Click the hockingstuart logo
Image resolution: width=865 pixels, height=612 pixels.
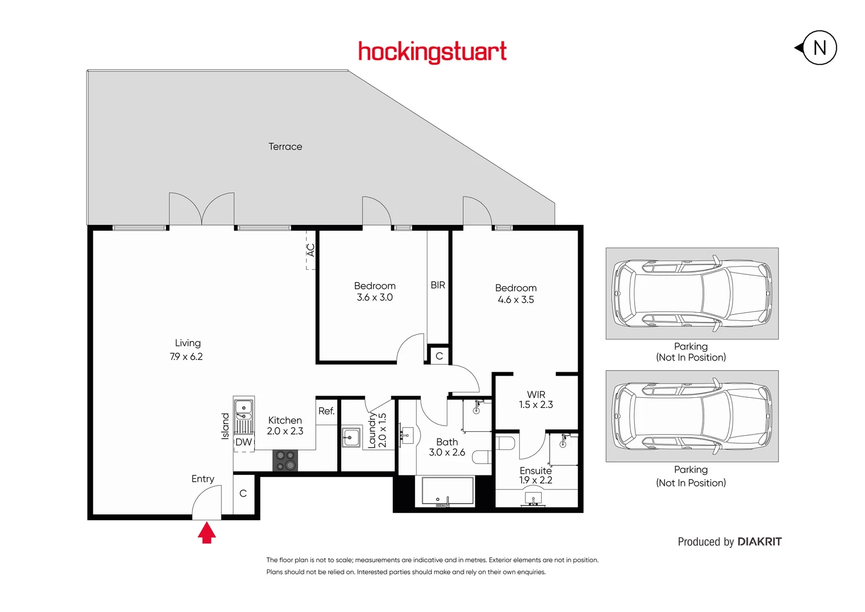click(x=432, y=52)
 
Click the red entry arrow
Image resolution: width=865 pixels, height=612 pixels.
click(x=207, y=533)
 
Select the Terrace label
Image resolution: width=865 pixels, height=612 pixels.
click(x=285, y=147)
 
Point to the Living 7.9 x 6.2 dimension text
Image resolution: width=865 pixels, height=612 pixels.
click(x=186, y=356)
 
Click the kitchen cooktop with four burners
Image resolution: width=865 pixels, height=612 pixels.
click(x=285, y=461)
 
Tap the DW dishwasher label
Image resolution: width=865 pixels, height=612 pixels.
click(x=243, y=443)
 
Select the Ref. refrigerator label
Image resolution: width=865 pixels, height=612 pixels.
click(x=326, y=411)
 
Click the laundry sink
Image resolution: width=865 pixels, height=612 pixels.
click(x=351, y=437)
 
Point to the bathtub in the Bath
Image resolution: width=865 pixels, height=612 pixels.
click(x=444, y=491)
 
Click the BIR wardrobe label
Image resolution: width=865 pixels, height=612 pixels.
click(x=438, y=285)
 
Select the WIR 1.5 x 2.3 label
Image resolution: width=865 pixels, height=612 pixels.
click(x=536, y=399)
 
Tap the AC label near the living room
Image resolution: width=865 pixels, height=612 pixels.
click(x=310, y=250)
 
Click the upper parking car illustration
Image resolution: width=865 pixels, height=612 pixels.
click(x=692, y=294)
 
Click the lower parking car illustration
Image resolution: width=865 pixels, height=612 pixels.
click(x=692, y=416)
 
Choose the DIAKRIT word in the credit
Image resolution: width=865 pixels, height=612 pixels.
click(x=760, y=542)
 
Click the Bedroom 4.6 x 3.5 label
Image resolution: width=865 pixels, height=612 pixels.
click(x=516, y=294)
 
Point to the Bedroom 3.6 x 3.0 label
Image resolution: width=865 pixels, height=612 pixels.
click(x=375, y=291)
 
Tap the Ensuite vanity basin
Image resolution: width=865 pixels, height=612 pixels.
click(x=533, y=499)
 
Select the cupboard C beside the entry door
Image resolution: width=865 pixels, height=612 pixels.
click(x=243, y=494)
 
